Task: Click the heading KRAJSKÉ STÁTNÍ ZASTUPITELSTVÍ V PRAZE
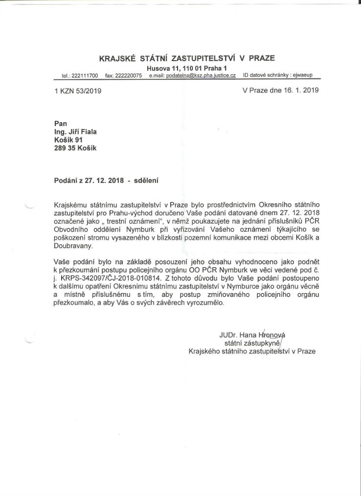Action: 187,58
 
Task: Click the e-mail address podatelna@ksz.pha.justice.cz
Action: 200,76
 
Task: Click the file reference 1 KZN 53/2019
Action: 78,90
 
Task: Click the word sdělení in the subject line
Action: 147,180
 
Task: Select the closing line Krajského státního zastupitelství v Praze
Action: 252,351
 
